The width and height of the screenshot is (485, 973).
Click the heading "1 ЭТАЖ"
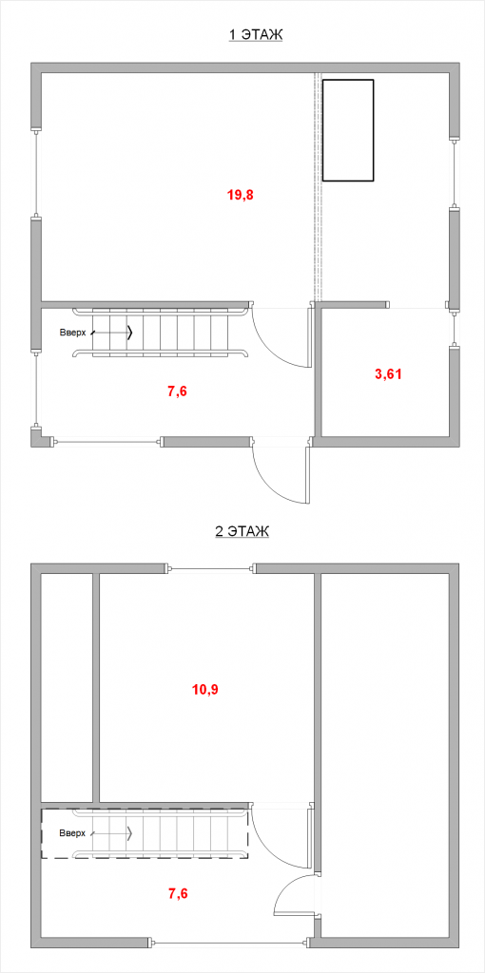pos(256,35)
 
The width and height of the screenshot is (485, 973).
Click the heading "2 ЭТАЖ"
pos(242,532)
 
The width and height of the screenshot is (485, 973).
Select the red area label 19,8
pos(241,195)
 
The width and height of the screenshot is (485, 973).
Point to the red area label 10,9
pos(205,689)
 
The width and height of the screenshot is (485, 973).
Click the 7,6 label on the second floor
pos(178,893)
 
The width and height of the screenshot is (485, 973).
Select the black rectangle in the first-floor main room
pos(348,130)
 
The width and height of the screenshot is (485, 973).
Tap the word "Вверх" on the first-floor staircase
pos(71,332)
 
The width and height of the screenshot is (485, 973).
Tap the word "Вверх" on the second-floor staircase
pos(71,832)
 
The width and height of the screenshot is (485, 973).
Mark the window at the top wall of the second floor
pos(211,568)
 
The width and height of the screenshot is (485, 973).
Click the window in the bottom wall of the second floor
pos(230,962)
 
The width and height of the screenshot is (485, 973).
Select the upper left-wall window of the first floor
pos(36,173)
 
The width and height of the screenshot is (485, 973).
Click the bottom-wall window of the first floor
pos(107,442)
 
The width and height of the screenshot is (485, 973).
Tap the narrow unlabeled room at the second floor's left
pos(68,688)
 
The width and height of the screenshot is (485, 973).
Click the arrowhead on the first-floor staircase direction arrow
pos(130,333)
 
